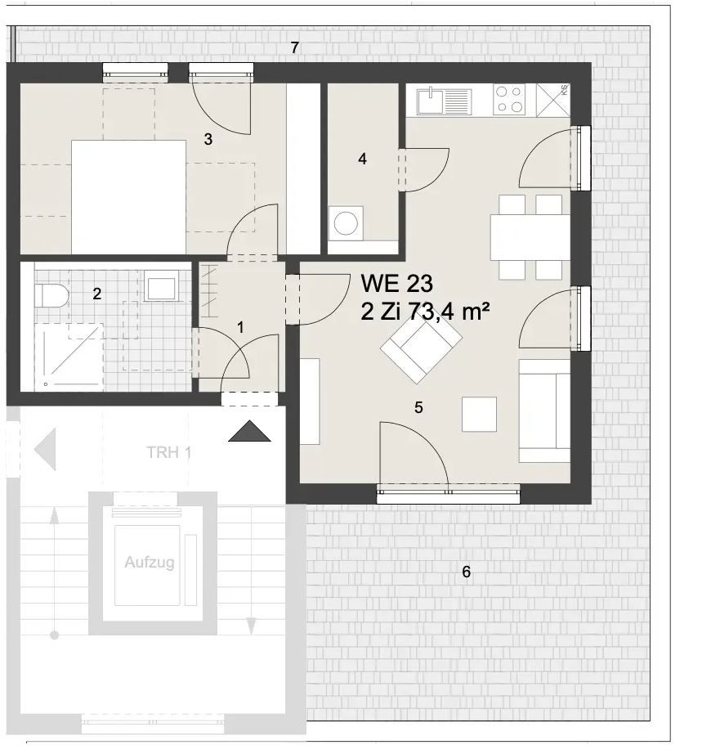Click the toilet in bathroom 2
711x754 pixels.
[51, 294]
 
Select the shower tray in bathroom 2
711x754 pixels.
[69, 357]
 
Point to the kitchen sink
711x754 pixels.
[443, 101]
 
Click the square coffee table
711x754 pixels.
[479, 414]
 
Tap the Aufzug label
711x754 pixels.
[149, 563]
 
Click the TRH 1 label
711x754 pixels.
[168, 452]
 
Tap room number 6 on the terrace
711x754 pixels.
[467, 572]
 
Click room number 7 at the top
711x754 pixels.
[295, 47]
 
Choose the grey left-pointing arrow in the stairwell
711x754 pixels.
[44, 451]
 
